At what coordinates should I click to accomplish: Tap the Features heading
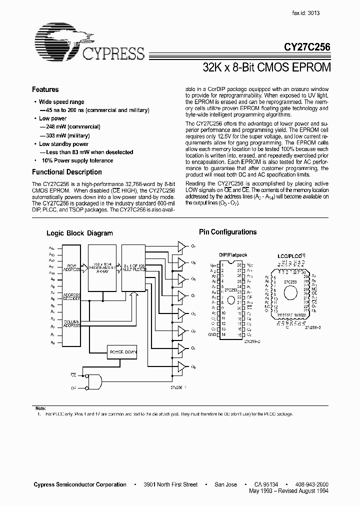point(45,89)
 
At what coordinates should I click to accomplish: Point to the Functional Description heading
point(67,172)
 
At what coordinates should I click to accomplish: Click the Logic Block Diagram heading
point(79,233)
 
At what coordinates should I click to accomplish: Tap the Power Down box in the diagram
point(123,352)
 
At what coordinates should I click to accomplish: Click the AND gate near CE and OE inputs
point(94,382)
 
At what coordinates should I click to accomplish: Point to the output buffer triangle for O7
point(180,245)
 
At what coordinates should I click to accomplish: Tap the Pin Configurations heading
point(227,232)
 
